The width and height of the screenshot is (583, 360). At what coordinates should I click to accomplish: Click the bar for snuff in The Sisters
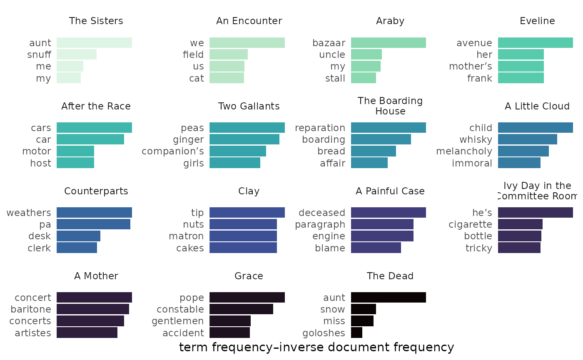click(x=77, y=55)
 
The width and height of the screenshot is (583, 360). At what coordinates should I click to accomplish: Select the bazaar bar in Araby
click(x=389, y=43)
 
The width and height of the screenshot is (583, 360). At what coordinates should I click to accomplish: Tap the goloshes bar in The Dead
click(x=356, y=333)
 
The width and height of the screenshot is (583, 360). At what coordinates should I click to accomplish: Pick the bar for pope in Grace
click(x=247, y=298)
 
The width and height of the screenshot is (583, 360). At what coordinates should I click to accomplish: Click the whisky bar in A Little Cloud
click(x=528, y=139)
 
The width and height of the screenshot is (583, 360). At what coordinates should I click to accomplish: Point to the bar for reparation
click(x=389, y=128)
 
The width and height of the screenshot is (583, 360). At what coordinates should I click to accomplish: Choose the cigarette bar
click(x=520, y=224)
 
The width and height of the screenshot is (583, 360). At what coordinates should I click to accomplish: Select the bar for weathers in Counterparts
click(x=94, y=213)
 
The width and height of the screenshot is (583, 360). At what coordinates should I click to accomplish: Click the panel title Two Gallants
click(x=249, y=107)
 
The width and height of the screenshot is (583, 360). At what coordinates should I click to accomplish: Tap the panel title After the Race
click(x=96, y=107)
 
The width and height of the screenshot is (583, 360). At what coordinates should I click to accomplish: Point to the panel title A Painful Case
click(x=390, y=191)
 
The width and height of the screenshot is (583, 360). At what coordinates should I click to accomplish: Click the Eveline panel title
click(x=537, y=21)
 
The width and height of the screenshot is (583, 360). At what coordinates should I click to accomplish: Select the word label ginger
click(x=189, y=139)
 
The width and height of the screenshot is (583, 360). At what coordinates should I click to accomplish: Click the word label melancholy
click(x=464, y=151)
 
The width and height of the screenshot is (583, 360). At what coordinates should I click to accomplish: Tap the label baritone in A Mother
click(x=31, y=309)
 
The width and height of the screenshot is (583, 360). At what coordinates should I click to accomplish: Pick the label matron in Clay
click(x=186, y=236)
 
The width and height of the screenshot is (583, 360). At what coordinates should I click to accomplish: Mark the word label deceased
click(x=322, y=213)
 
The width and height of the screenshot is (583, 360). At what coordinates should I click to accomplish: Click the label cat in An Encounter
click(x=197, y=78)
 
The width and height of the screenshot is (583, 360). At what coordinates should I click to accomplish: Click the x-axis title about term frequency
click(x=316, y=347)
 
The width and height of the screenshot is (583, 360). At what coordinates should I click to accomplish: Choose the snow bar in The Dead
click(x=364, y=309)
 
